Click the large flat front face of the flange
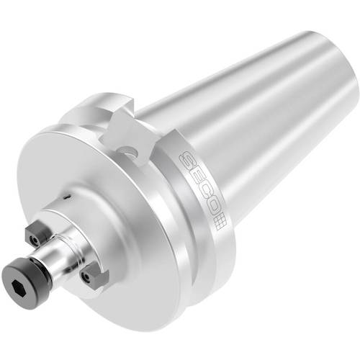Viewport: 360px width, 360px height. tap(130, 216)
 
